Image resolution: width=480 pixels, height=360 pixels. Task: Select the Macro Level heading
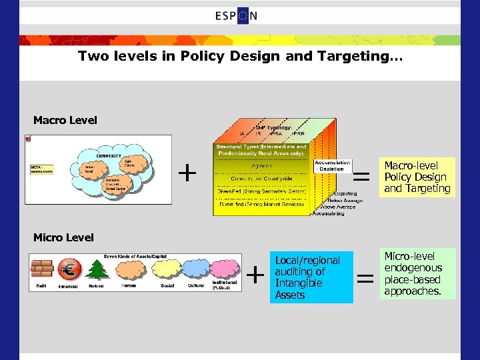[65, 120]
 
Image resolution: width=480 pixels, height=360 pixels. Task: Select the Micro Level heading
[63, 237]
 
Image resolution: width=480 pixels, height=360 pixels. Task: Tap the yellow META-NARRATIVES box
[41, 169]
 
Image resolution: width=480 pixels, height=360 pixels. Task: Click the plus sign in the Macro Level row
[188, 173]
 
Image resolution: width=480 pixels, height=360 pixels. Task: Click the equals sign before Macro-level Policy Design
[361, 175]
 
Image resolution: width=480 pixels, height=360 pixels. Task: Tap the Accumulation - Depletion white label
[332, 166]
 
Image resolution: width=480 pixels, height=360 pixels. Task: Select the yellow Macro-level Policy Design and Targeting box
[417, 177]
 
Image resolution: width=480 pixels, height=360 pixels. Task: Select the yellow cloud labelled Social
[167, 269]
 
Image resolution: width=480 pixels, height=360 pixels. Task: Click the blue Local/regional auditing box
[311, 277]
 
